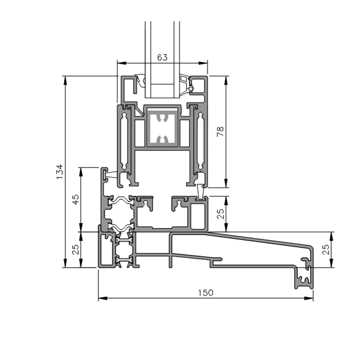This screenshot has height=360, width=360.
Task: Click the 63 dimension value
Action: pyautogui.click(x=163, y=58)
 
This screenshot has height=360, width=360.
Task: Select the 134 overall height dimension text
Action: pyautogui.click(x=59, y=172)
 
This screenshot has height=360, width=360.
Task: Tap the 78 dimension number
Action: pyautogui.click(x=220, y=131)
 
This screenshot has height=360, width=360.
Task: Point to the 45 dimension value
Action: pyautogui.click(x=76, y=199)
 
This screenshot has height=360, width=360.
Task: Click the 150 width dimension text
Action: pyautogui.click(x=206, y=293)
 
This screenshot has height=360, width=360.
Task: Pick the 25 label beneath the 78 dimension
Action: pyautogui.click(x=220, y=214)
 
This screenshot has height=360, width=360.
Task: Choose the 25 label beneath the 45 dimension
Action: pyautogui.click(x=76, y=249)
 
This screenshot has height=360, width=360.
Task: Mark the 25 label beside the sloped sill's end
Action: pyautogui.click(x=326, y=250)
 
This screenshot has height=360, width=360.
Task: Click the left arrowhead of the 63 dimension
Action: pyautogui.click(x=122, y=63)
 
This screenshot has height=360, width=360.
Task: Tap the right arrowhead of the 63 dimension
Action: pyautogui.click(x=203, y=63)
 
